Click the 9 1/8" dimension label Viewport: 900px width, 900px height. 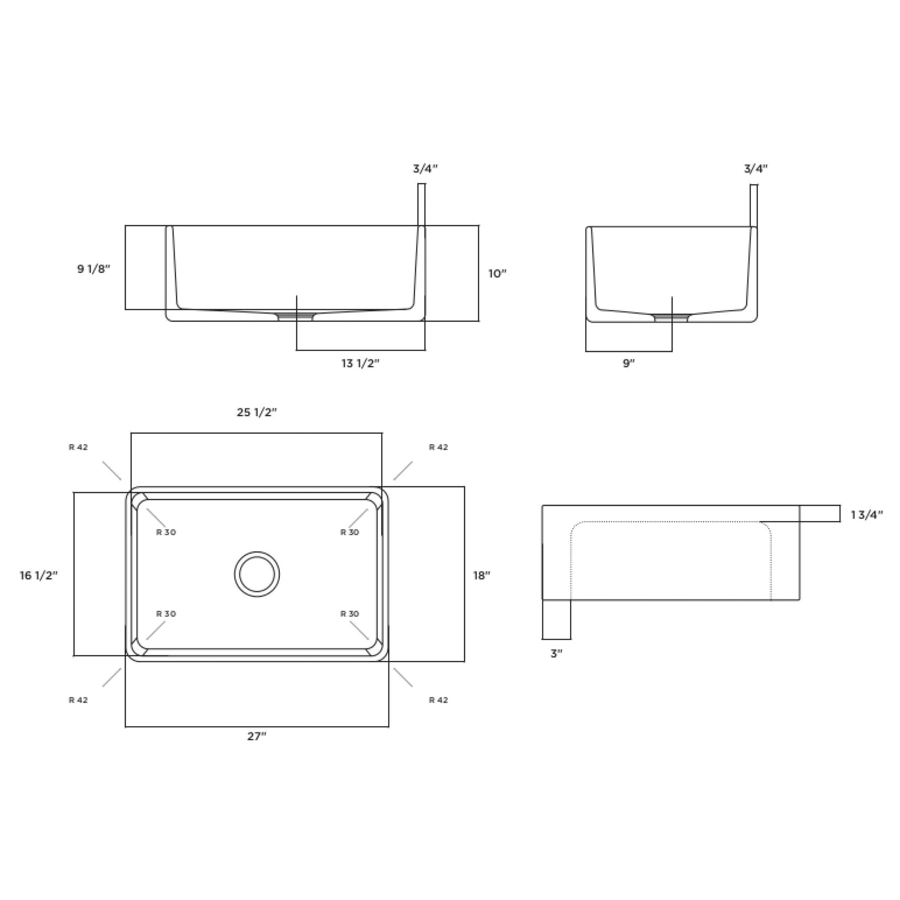tap(93, 269)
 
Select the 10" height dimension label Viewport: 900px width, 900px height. tap(497, 273)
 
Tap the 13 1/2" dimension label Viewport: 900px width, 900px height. tap(361, 364)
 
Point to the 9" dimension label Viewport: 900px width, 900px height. tap(629, 364)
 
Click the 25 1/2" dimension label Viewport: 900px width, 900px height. tap(257, 412)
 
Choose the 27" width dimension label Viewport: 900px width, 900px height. tap(257, 736)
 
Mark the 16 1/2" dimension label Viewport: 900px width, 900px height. tap(39, 576)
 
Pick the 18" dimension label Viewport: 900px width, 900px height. tap(482, 576)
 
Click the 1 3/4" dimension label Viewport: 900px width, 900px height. tap(867, 515)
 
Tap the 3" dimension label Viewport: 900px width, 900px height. tap(557, 653)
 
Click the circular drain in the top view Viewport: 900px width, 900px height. tap(257, 574)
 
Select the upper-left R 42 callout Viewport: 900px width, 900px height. tap(78, 447)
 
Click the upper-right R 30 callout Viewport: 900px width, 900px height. tap(350, 532)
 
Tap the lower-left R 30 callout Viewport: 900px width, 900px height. tap(166, 614)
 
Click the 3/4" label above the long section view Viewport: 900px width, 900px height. tap(425, 169)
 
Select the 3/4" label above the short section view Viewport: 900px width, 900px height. tap(756, 169)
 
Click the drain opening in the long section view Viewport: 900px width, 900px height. tap(296, 317)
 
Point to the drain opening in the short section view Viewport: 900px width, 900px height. tap(671, 318)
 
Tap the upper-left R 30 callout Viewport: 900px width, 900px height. tap(166, 532)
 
